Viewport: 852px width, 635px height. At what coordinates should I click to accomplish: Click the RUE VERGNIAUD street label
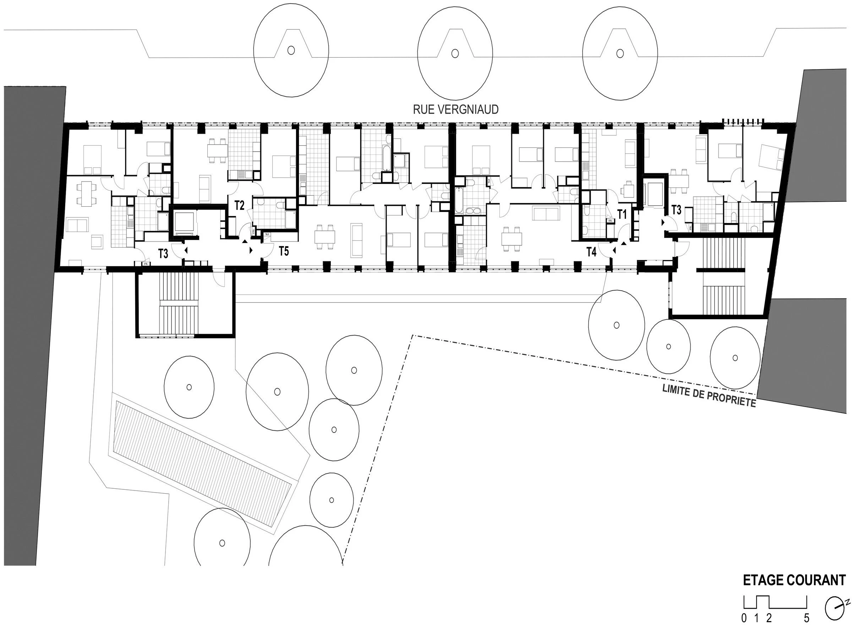click(x=455, y=109)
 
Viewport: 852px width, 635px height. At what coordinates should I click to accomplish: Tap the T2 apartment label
click(x=240, y=206)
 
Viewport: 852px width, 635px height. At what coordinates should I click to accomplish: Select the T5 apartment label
click(x=284, y=251)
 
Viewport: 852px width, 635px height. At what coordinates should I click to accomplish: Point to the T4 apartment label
click(x=591, y=252)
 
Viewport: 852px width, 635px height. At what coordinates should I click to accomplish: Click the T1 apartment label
click(x=622, y=215)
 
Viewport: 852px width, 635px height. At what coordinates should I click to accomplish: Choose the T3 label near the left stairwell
click(x=163, y=254)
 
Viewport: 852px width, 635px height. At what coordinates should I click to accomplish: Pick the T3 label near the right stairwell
click(x=677, y=210)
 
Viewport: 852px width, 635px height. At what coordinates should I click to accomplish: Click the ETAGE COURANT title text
click(x=794, y=580)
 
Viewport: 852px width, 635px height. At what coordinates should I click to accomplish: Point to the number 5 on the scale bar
click(x=806, y=629)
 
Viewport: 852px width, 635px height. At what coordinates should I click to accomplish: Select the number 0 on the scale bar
click(x=744, y=629)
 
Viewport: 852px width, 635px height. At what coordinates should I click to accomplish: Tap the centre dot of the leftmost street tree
click(x=291, y=50)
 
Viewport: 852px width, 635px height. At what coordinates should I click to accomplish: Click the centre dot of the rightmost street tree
click(x=619, y=53)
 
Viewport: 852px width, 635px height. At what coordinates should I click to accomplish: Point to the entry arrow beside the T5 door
click(x=251, y=251)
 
